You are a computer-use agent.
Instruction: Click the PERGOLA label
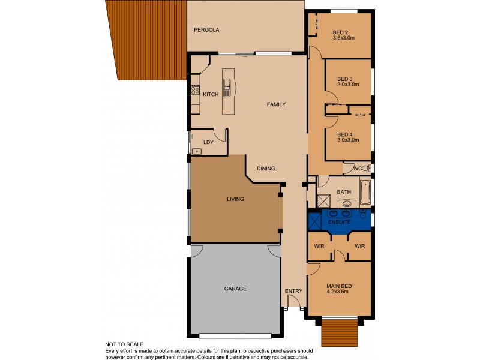pyautogui.click(x=206, y=29)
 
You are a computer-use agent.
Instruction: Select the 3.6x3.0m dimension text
pyautogui.click(x=344, y=38)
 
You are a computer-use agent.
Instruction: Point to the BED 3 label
pyautogui.click(x=345, y=79)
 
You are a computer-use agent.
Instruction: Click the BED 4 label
pyautogui.click(x=345, y=134)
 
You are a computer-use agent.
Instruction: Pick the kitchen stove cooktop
pyautogui.click(x=194, y=91)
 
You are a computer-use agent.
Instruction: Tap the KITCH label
pyautogui.click(x=211, y=95)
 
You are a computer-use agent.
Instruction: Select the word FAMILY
pyautogui.click(x=276, y=104)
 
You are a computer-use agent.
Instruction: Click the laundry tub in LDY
pyautogui.click(x=196, y=151)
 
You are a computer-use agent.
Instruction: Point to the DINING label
pyautogui.click(x=266, y=169)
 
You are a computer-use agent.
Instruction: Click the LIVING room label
pyautogui.click(x=235, y=199)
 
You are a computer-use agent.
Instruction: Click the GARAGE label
pyautogui.click(x=235, y=289)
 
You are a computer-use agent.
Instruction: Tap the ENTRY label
pyautogui.click(x=294, y=291)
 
